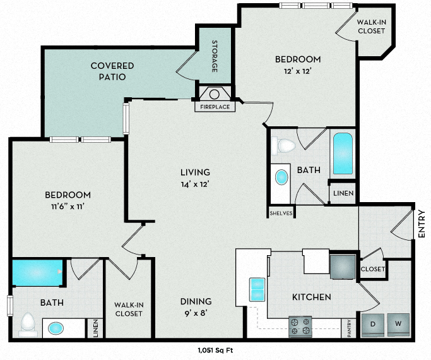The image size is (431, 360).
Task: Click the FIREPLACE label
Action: click(x=215, y=107)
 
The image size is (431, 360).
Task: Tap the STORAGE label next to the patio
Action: click(x=215, y=57)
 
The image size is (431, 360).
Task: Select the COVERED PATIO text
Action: click(x=112, y=71)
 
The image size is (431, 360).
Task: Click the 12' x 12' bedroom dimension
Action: click(x=298, y=71)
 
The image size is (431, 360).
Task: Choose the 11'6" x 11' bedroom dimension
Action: click(x=67, y=207)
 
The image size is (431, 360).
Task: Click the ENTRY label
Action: click(x=422, y=224)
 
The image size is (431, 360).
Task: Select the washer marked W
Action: click(x=398, y=324)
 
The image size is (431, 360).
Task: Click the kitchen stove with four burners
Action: click(x=300, y=326)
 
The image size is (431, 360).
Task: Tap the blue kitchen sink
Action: click(x=257, y=289)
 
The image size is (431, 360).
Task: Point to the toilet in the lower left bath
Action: click(x=27, y=324)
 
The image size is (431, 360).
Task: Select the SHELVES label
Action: click(x=281, y=213)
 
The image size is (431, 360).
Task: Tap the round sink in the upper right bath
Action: click(x=281, y=177)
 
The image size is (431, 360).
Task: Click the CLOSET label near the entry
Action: click(x=372, y=269)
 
